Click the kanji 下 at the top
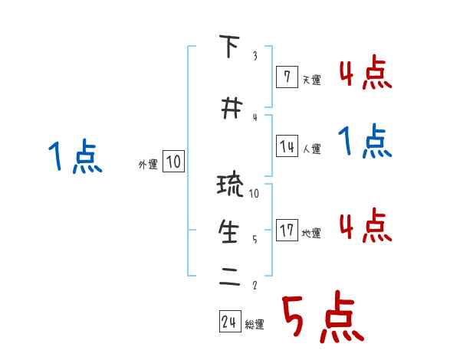229,47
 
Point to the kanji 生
229,232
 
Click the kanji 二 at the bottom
229,278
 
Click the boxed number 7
286,77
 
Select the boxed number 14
286,147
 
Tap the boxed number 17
286,231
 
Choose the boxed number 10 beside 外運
173,162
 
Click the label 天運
311,80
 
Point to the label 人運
311,149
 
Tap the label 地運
311,233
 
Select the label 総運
255,325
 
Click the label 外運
148,164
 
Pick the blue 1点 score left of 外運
74,157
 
